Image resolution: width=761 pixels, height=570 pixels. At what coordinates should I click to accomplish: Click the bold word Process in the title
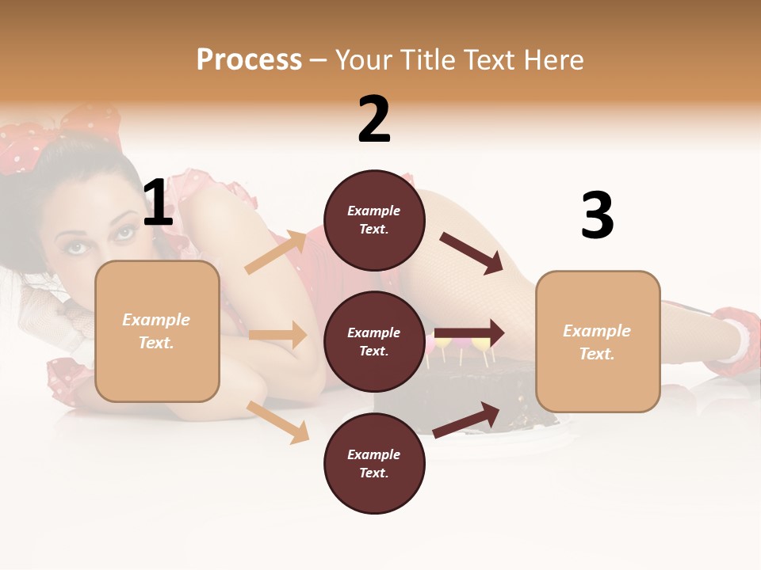click(x=249, y=59)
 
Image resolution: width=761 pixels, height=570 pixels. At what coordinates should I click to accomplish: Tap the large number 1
click(x=159, y=203)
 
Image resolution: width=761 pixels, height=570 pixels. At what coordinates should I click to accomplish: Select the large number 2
click(x=374, y=120)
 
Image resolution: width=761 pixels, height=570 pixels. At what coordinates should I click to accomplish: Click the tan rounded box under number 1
click(x=157, y=331)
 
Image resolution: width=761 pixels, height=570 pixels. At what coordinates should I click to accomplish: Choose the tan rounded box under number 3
click(x=598, y=341)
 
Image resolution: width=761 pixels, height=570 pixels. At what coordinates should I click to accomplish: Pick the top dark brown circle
click(x=374, y=220)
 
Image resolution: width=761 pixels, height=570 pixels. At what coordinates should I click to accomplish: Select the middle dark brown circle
click(x=374, y=341)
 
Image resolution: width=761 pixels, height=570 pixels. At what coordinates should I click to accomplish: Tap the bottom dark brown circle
click(x=374, y=463)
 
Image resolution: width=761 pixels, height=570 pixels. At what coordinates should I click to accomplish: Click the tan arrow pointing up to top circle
click(x=275, y=253)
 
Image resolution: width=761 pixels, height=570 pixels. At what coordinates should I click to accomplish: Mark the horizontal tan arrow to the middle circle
click(x=277, y=335)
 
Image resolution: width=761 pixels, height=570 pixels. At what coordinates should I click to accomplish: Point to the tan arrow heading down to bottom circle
click(x=277, y=422)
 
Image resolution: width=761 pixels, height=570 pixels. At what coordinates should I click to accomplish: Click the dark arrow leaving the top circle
click(x=471, y=253)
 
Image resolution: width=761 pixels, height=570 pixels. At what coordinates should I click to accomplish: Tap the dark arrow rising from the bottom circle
click(x=467, y=420)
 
